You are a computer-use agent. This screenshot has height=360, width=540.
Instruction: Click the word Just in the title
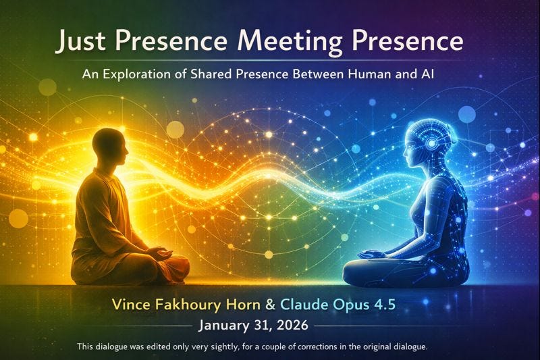pyautogui.click(x=80, y=41)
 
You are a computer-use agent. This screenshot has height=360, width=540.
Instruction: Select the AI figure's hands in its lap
pyautogui.click(x=373, y=255)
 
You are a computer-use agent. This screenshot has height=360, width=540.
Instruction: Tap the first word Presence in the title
pyautogui.click(x=173, y=41)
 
